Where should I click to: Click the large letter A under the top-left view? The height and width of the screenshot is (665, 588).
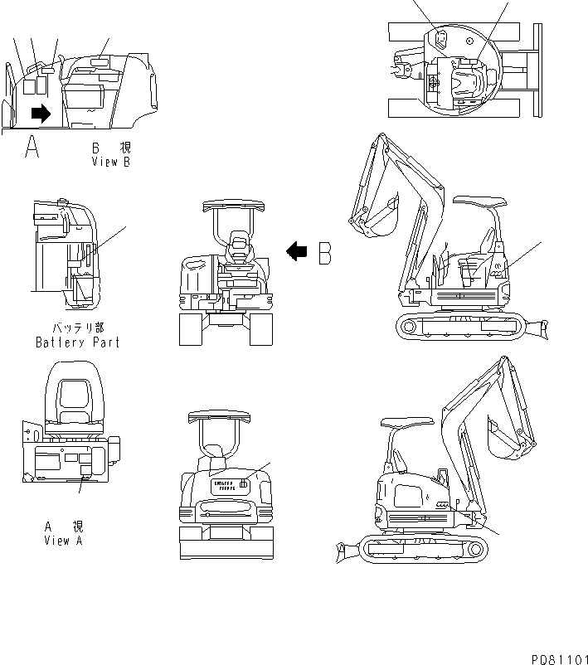(x=32, y=147)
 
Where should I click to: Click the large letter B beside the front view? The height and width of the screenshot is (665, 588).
(x=326, y=252)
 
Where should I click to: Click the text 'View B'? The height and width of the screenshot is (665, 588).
(x=111, y=162)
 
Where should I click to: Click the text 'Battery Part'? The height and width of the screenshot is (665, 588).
(x=77, y=342)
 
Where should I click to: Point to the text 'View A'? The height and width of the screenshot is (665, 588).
(x=63, y=541)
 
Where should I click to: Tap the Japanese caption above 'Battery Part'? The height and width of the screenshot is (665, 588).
(x=77, y=328)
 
